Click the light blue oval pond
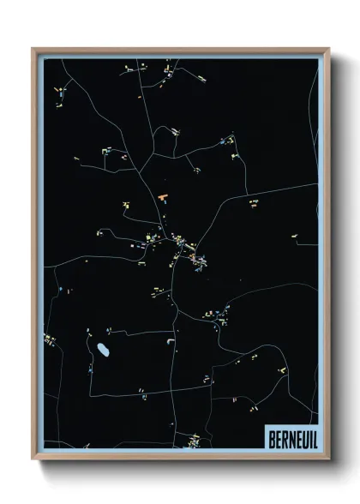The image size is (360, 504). tap(103, 350)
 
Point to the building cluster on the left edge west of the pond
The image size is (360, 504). tap(50, 340)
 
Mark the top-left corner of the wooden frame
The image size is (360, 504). tap(33, 49)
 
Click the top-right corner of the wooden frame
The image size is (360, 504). tap(328, 49)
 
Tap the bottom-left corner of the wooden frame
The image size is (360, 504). tap(33, 459)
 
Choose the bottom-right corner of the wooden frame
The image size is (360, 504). tap(328, 459)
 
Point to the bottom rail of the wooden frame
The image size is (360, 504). tap(180, 457)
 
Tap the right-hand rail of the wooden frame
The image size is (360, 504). tap(327, 257)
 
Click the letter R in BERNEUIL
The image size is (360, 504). tap(284, 436)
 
